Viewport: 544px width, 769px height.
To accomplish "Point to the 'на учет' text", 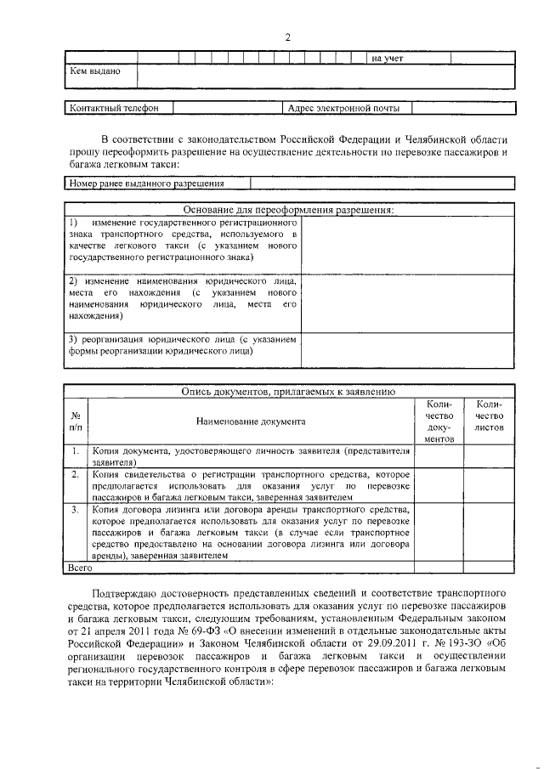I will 388,58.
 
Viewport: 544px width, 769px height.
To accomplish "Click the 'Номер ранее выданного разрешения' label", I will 146,183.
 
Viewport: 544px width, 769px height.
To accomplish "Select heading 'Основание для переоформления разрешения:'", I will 289,210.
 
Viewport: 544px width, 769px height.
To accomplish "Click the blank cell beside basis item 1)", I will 406,245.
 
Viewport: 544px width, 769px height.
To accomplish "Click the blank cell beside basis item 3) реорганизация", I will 406,349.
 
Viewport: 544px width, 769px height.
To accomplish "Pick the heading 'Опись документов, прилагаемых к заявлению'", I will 289,392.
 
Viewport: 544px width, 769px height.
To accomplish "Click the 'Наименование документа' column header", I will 250,421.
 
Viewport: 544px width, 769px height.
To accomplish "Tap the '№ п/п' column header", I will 76,421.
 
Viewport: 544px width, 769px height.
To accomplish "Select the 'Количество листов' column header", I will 490,416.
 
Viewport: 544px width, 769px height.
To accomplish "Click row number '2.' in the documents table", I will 76,473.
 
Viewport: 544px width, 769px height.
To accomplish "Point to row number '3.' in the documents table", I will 76,509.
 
